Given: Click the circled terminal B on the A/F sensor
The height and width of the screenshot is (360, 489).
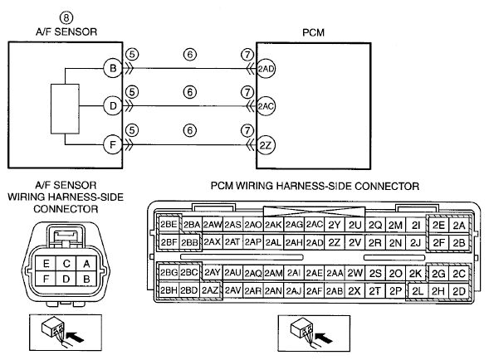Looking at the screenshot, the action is pos(113,68).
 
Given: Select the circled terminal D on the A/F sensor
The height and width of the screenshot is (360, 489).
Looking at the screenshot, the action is pos(113,106).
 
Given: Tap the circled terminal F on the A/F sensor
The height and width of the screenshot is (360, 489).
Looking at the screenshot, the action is pos(113,144).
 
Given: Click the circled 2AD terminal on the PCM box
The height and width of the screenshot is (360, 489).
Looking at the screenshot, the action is pos(266,69).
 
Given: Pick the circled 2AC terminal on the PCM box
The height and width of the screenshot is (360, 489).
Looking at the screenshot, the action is pos(266,106).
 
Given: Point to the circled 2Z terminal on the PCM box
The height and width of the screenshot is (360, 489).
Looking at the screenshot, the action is pos(266,145).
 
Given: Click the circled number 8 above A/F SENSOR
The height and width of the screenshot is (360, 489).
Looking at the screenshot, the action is pos(66,18).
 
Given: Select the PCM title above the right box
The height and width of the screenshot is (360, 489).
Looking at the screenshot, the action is pos(314,32).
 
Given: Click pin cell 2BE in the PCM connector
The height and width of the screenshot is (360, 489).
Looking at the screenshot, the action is pos(169,225).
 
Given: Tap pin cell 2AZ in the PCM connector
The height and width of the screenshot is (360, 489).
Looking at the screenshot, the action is pos(210,290).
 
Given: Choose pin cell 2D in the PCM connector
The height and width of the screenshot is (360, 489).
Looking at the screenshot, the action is pos(459,291).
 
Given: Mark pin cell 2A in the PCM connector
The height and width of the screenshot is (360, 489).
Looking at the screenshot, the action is pos(459,225).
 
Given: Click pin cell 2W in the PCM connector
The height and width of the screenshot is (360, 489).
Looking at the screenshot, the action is pos(355,273).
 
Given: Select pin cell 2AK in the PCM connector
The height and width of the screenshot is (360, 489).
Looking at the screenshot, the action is pos(273,225).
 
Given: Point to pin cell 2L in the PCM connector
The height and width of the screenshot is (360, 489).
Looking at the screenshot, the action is pos(418,291).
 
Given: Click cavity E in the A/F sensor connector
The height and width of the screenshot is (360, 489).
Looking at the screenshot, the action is pos(46,264).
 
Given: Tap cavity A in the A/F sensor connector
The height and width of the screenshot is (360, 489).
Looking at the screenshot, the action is pos(86,264).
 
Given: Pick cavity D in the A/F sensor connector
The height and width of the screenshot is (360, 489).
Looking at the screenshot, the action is pos(66,279).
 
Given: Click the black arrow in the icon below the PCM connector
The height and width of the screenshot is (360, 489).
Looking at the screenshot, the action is pos(325,338).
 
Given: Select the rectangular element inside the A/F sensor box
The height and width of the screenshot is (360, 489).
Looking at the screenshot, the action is pos(65,109).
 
